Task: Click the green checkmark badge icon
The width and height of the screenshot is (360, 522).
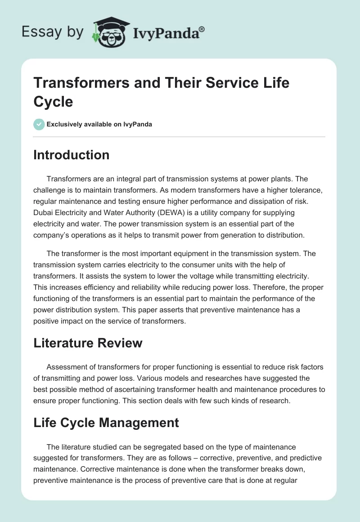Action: pyautogui.click(x=39, y=124)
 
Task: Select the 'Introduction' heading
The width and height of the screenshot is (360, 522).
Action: pyautogui.click(x=72, y=155)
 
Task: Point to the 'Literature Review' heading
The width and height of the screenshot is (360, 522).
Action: pyautogui.click(x=88, y=343)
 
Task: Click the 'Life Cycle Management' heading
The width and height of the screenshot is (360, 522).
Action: pyautogui.click(x=106, y=423)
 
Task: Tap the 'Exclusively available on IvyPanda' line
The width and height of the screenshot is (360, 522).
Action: pyautogui.click(x=99, y=124)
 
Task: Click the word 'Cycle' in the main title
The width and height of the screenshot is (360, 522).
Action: pyautogui.click(x=53, y=101)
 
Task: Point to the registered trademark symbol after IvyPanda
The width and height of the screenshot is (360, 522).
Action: pyautogui.click(x=202, y=28)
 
